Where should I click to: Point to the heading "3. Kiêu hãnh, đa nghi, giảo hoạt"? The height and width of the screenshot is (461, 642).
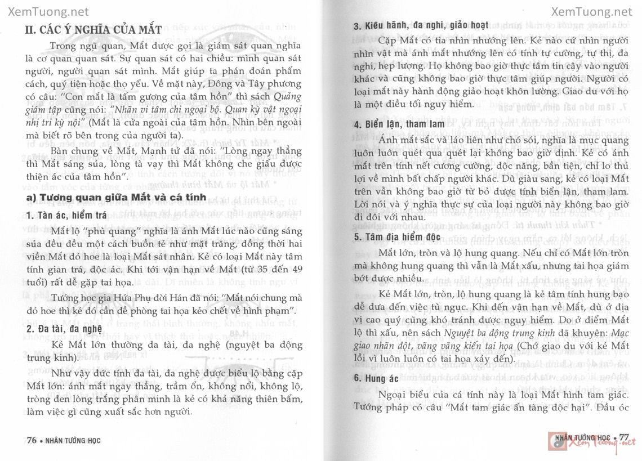tap(421, 26)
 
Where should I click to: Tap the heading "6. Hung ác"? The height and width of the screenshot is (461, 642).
tap(376, 378)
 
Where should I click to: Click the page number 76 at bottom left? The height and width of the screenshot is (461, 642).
tap(32, 440)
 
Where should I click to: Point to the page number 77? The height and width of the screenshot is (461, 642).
tap(623, 437)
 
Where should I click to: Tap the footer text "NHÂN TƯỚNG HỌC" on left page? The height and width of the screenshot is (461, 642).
tap(73, 441)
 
